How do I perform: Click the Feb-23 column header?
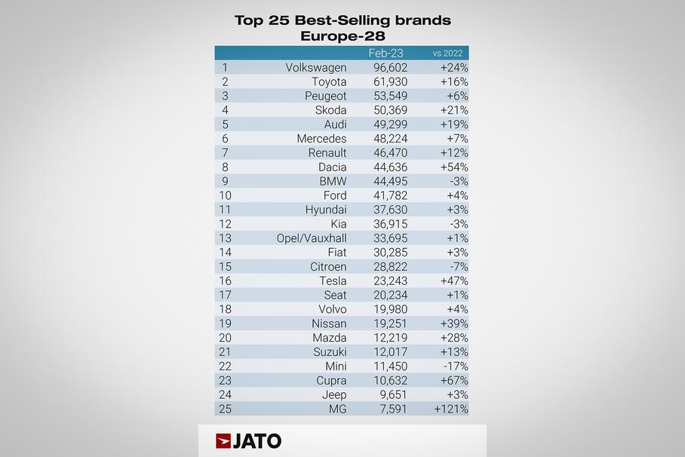click(x=386, y=54)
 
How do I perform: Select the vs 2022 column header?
click(x=448, y=54)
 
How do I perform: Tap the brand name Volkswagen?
click(x=316, y=68)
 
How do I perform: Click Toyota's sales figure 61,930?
click(x=390, y=81)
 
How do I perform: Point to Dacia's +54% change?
click(x=454, y=167)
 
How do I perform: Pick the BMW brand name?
click(x=333, y=181)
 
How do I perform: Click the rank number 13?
click(x=225, y=238)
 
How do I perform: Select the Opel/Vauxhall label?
click(x=312, y=238)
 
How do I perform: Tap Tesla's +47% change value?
click(x=454, y=281)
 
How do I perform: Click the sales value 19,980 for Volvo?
click(x=390, y=309)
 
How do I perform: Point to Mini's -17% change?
click(x=456, y=366)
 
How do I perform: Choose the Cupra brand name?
click(x=331, y=381)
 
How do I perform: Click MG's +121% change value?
click(x=451, y=409)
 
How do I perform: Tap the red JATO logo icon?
click(x=223, y=441)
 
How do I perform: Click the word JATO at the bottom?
click(x=256, y=441)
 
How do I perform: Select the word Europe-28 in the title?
click(x=342, y=36)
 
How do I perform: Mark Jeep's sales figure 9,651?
click(x=393, y=394)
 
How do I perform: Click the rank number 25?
click(x=225, y=409)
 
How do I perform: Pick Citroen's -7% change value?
click(x=459, y=266)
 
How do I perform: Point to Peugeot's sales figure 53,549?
click(x=390, y=96)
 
